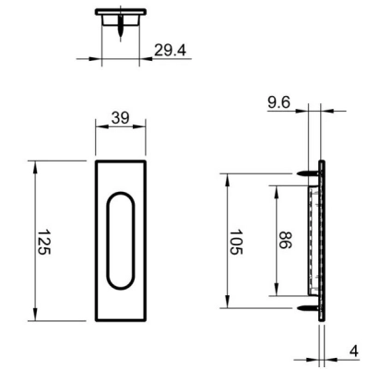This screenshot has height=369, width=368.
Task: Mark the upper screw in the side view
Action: click(309, 173)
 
